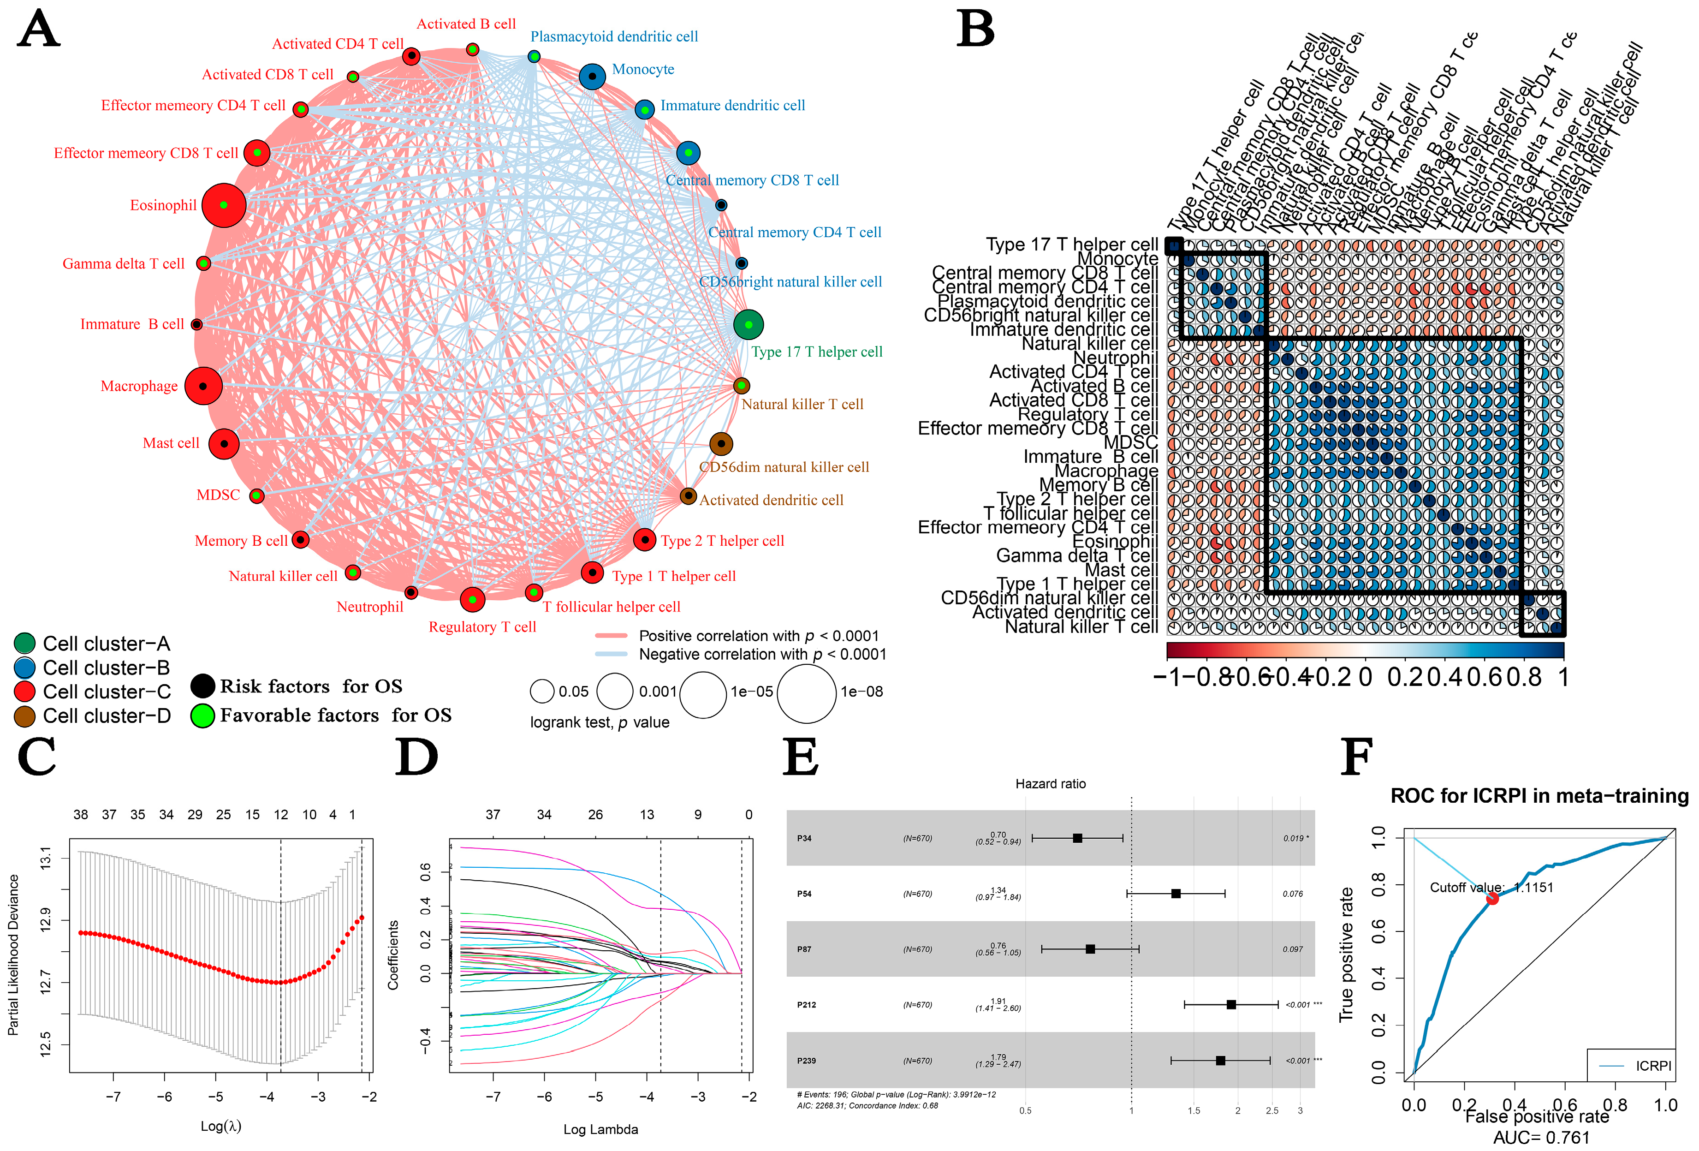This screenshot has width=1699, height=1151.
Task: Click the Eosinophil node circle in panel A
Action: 224,205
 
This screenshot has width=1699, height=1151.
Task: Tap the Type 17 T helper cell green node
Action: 748,325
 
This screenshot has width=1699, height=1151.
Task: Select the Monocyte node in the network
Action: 592,76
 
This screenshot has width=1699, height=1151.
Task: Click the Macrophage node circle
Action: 203,386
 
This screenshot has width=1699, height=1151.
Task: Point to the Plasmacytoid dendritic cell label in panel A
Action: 614,36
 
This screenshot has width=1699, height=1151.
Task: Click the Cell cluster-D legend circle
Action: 25,716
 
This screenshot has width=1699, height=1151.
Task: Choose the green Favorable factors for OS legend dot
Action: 202,716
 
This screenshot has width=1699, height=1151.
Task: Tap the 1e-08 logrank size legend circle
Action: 806,692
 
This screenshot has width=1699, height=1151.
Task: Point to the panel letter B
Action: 975,29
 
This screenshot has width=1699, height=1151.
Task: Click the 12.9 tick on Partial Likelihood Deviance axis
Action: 45,920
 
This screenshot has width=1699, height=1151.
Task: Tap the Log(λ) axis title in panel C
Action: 221,1126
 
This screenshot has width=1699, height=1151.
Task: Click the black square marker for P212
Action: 1231,1005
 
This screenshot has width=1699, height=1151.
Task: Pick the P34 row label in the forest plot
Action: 804,838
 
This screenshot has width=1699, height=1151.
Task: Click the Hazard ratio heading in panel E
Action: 1051,784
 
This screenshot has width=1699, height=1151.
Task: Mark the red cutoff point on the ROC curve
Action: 1492,898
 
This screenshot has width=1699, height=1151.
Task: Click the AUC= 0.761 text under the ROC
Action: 1541,1138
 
